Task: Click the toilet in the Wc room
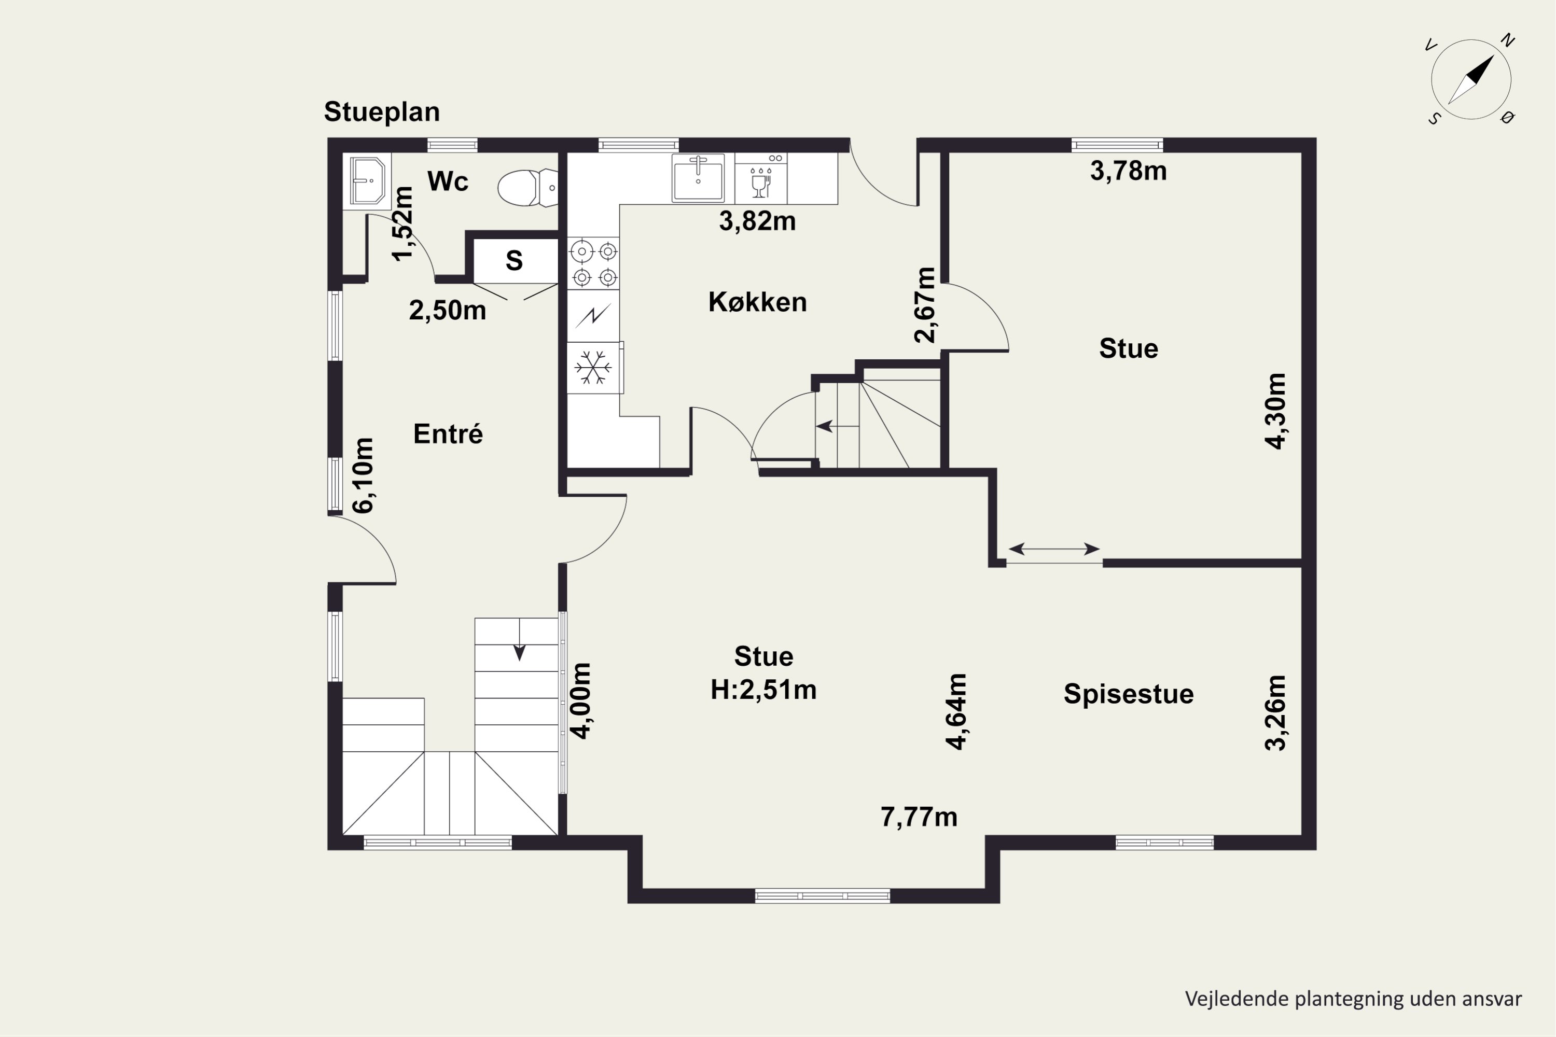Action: click(x=528, y=188)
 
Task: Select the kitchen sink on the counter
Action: click(x=698, y=177)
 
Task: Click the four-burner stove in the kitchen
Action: click(x=593, y=263)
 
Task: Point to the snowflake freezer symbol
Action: click(x=593, y=368)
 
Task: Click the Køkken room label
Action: click(x=757, y=302)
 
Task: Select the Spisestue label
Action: click(x=1129, y=694)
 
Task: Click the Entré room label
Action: click(x=448, y=434)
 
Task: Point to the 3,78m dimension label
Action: click(x=1128, y=171)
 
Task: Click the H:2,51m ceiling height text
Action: click(x=763, y=690)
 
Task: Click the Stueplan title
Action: click(x=382, y=112)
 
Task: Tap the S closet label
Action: click(x=514, y=261)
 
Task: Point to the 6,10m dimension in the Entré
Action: click(x=363, y=475)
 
